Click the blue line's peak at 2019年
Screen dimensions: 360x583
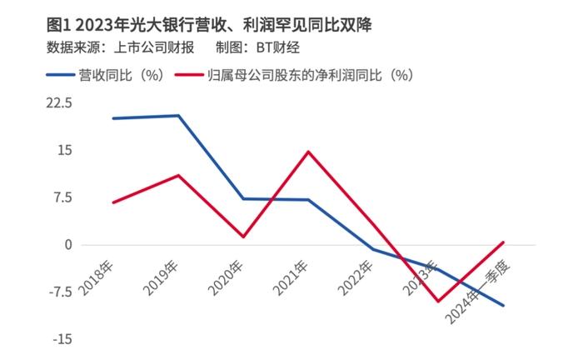(178, 116)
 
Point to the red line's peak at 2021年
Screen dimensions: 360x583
(308, 152)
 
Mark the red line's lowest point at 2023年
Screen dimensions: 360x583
(438, 301)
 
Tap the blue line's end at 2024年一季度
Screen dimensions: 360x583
(503, 305)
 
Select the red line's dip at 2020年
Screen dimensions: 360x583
(243, 237)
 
